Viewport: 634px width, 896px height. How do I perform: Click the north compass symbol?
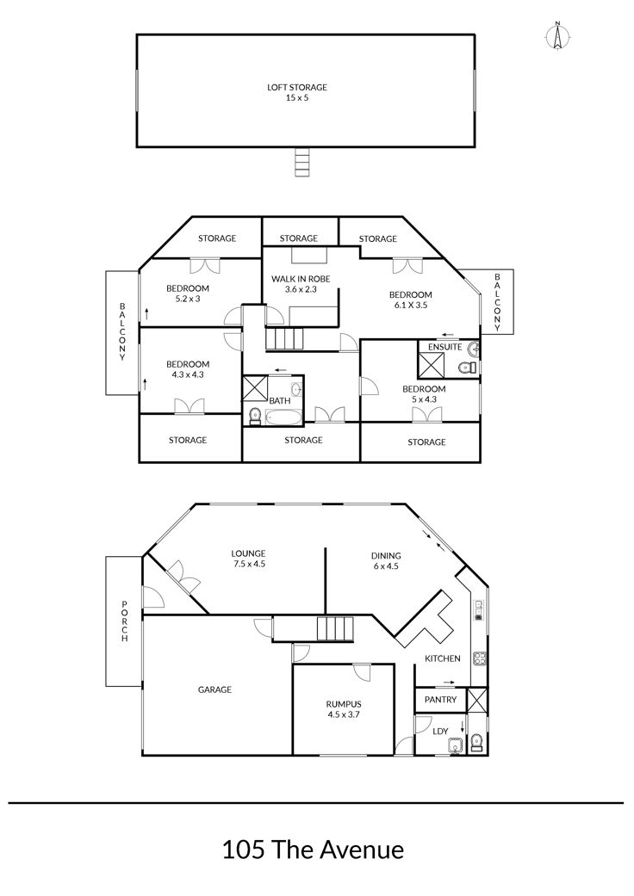(558, 36)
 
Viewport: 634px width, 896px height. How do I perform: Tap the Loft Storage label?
(297, 93)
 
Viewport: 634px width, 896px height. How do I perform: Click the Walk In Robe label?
(301, 284)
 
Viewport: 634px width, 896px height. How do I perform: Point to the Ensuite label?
(444, 347)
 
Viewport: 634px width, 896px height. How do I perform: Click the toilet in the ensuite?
(467, 368)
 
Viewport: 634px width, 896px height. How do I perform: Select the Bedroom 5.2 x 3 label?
(188, 294)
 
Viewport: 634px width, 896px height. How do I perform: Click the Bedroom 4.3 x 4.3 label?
(188, 369)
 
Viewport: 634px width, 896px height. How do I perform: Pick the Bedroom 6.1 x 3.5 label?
(411, 300)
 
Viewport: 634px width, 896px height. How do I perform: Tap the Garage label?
(215, 689)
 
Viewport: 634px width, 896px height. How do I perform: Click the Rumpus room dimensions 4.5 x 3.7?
(344, 714)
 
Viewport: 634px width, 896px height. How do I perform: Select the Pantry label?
(441, 700)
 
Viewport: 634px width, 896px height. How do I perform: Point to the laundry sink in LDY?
(456, 745)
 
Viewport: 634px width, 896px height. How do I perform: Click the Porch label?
(124, 621)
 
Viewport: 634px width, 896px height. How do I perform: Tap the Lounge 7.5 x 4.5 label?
(248, 559)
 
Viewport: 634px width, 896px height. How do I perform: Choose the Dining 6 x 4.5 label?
(386, 560)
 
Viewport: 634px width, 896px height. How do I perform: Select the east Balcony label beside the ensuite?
(497, 302)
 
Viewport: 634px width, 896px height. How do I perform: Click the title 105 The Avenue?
(314, 850)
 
